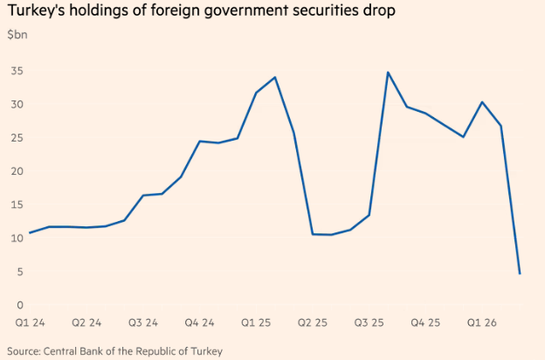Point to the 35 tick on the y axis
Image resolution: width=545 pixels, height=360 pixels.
pyautogui.click(x=16, y=72)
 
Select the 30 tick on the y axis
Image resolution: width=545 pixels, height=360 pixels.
pyautogui.click(x=16, y=105)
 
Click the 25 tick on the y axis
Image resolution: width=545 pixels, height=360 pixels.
pyautogui.click(x=16, y=138)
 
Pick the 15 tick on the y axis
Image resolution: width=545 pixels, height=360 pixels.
pyautogui.click(x=16, y=205)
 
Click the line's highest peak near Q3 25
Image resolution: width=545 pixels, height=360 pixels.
pyautogui.click(x=388, y=73)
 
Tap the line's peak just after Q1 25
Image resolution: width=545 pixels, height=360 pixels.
pyautogui.click(x=275, y=77)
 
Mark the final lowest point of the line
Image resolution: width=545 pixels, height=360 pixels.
pyautogui.click(x=520, y=273)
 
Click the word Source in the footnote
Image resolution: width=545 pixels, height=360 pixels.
pyautogui.click(x=25, y=351)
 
